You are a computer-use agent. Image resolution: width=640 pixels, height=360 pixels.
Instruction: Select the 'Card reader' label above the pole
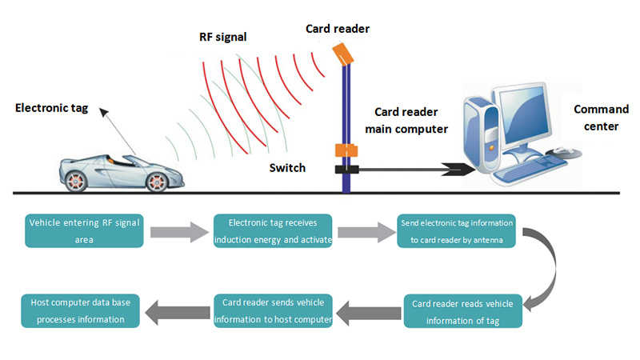337,30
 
